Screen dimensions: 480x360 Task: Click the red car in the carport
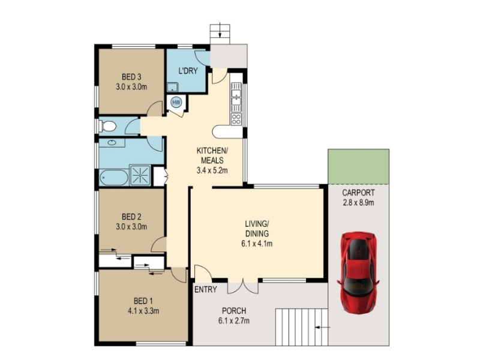pos(358,272)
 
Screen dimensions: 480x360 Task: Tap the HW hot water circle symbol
pos(176,102)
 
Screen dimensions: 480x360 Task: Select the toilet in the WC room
pos(107,126)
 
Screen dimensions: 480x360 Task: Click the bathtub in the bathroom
pos(114,178)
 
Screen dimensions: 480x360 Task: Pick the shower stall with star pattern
pos(140,175)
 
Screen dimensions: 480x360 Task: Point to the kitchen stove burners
pos(236,119)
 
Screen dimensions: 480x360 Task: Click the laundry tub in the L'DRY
pos(172,87)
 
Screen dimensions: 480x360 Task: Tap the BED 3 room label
pos(131,77)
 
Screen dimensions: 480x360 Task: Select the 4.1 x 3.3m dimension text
pos(143,311)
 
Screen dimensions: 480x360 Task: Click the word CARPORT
pos(358,193)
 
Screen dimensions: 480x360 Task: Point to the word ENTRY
pos(206,289)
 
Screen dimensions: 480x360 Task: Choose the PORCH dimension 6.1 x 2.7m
pos(234,321)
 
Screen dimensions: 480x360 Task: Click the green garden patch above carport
pos(358,167)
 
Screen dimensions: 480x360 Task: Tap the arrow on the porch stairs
pos(323,328)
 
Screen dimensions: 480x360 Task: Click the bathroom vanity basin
pos(112,143)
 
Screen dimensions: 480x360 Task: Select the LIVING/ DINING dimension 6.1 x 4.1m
pos(257,244)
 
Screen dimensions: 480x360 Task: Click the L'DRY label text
pos(188,71)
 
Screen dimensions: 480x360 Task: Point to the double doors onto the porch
pos(243,286)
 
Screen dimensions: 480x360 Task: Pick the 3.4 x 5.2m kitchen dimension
pos(212,170)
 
